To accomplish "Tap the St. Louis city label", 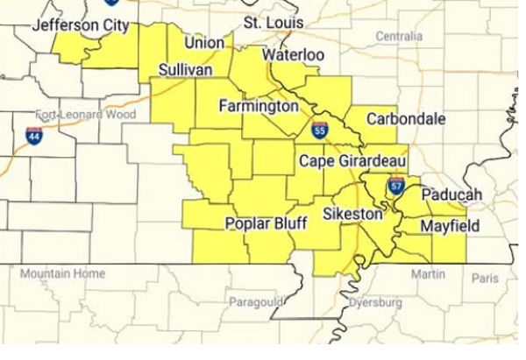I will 274,21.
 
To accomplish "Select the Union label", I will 203,42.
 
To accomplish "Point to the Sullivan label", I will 187,69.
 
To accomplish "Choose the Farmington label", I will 259,107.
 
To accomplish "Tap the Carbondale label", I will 406,118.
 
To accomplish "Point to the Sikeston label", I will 352,214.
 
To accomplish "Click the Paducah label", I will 450,194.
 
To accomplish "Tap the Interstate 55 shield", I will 319,131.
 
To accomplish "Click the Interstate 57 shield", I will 395,185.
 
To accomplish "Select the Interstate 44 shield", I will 34,136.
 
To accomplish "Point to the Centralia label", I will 398,37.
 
